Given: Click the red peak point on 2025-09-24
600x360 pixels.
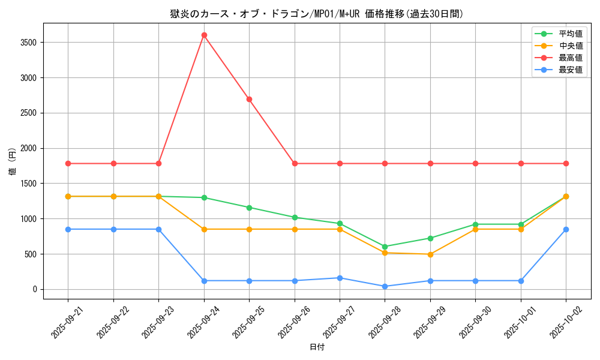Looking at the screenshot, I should point(204,35).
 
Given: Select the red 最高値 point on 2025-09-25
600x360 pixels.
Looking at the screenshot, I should point(249,99).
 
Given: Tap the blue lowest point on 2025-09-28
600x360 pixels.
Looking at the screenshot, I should point(385,286).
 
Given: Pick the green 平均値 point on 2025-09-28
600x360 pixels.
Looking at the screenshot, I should point(385,247).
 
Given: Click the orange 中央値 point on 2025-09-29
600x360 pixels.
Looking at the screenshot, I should point(430,254).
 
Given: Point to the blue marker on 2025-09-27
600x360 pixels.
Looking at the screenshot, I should point(340,278).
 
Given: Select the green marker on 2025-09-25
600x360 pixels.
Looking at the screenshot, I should point(249,208).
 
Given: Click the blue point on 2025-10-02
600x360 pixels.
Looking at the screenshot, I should point(566,229).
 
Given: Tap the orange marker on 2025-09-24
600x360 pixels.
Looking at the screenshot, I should point(204,229).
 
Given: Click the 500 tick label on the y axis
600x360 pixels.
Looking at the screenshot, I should point(31,254).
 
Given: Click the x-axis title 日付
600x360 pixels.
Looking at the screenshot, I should point(317,347).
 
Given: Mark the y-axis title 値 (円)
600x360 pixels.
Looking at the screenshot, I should point(12,161).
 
